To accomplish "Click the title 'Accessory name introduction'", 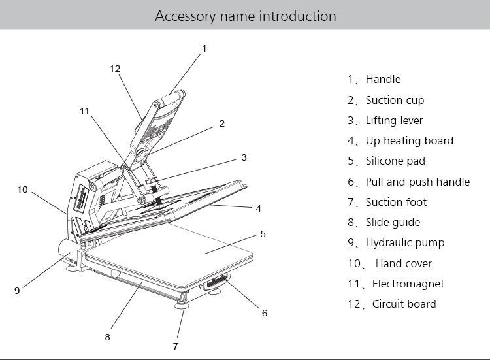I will pos(245,15).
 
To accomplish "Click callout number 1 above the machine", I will pos(204,48).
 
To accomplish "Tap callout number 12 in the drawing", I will pos(115,69).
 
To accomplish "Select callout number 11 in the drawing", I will pos(84,111).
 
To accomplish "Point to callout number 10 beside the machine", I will pos(23,189).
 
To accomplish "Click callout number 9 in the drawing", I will pos(17,291).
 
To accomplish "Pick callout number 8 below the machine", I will pos(107,337).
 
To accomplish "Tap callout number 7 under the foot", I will pos(175,346).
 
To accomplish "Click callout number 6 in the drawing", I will pos(265,313).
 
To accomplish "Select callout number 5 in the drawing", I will pos(263,233).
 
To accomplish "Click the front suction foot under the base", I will pos(182,303).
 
